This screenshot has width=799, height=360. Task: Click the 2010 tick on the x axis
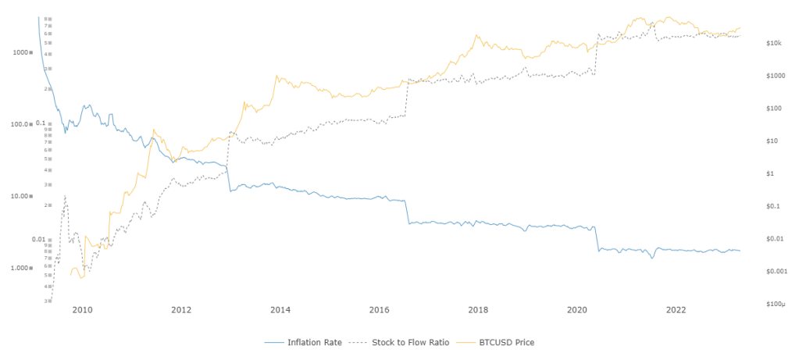(x=82, y=309)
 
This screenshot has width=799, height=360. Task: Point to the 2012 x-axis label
(x=181, y=309)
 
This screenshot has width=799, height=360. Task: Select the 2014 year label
(x=280, y=309)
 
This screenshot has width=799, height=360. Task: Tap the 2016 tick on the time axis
(x=379, y=309)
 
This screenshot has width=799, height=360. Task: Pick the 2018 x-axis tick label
(x=478, y=309)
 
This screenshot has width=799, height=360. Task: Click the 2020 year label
(x=577, y=309)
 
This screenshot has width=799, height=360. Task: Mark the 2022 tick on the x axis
(x=676, y=309)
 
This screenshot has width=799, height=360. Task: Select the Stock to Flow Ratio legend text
(x=409, y=342)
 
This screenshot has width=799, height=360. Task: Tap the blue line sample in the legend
(x=273, y=342)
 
